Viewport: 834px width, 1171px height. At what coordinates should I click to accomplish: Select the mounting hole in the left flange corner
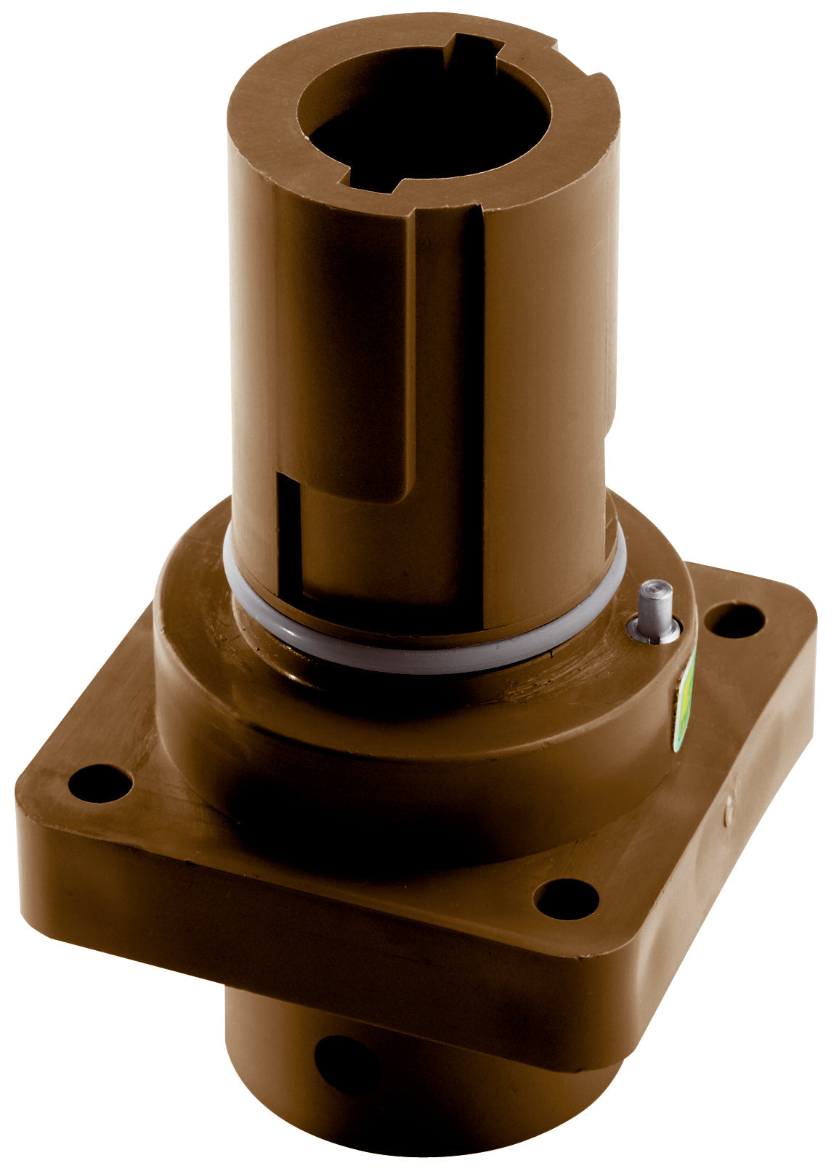point(100,785)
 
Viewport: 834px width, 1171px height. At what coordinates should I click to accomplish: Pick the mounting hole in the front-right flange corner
point(566,899)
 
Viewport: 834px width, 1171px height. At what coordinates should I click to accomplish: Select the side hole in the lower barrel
point(347,1065)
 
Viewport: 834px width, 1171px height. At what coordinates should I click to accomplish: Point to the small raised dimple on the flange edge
point(729,816)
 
